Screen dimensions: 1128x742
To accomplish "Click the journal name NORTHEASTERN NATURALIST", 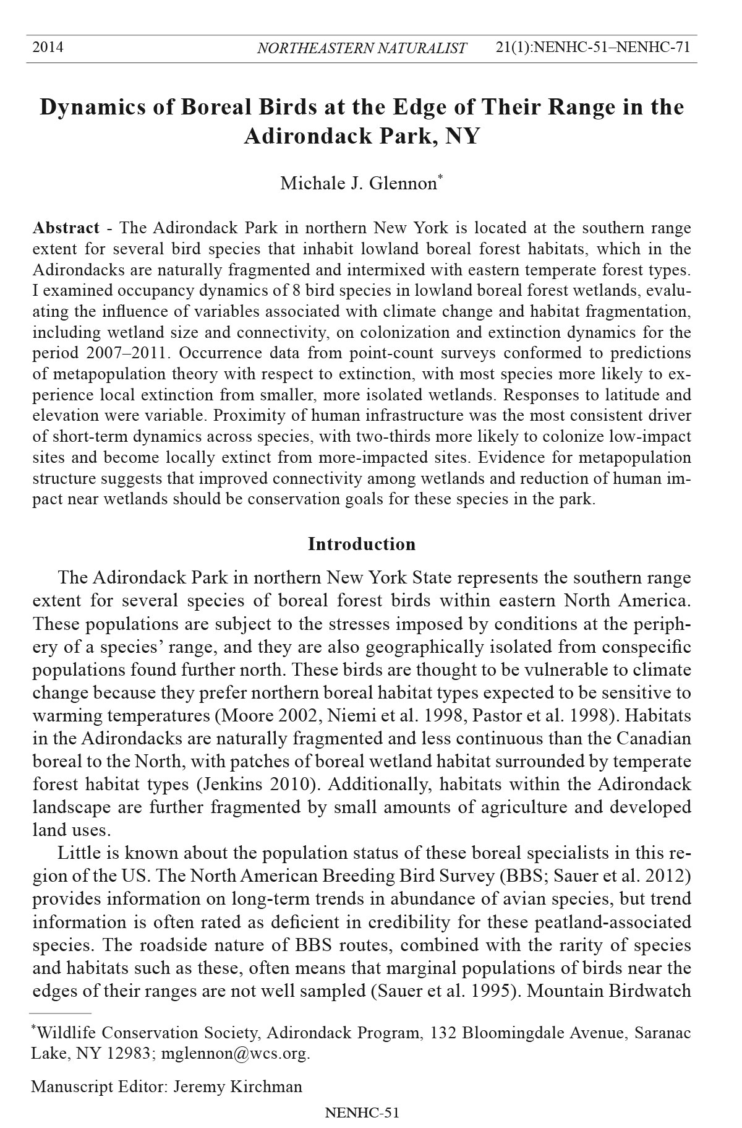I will [x=362, y=48].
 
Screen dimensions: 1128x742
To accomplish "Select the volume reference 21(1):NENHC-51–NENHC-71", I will [x=593, y=47].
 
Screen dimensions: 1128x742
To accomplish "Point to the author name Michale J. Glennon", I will [x=359, y=184].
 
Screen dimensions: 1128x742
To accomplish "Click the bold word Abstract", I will [x=66, y=228].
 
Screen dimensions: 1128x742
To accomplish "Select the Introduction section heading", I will [x=362, y=544].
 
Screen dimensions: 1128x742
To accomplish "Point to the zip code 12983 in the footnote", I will [x=129, y=1053].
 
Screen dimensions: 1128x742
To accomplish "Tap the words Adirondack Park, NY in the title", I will [x=362, y=136].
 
